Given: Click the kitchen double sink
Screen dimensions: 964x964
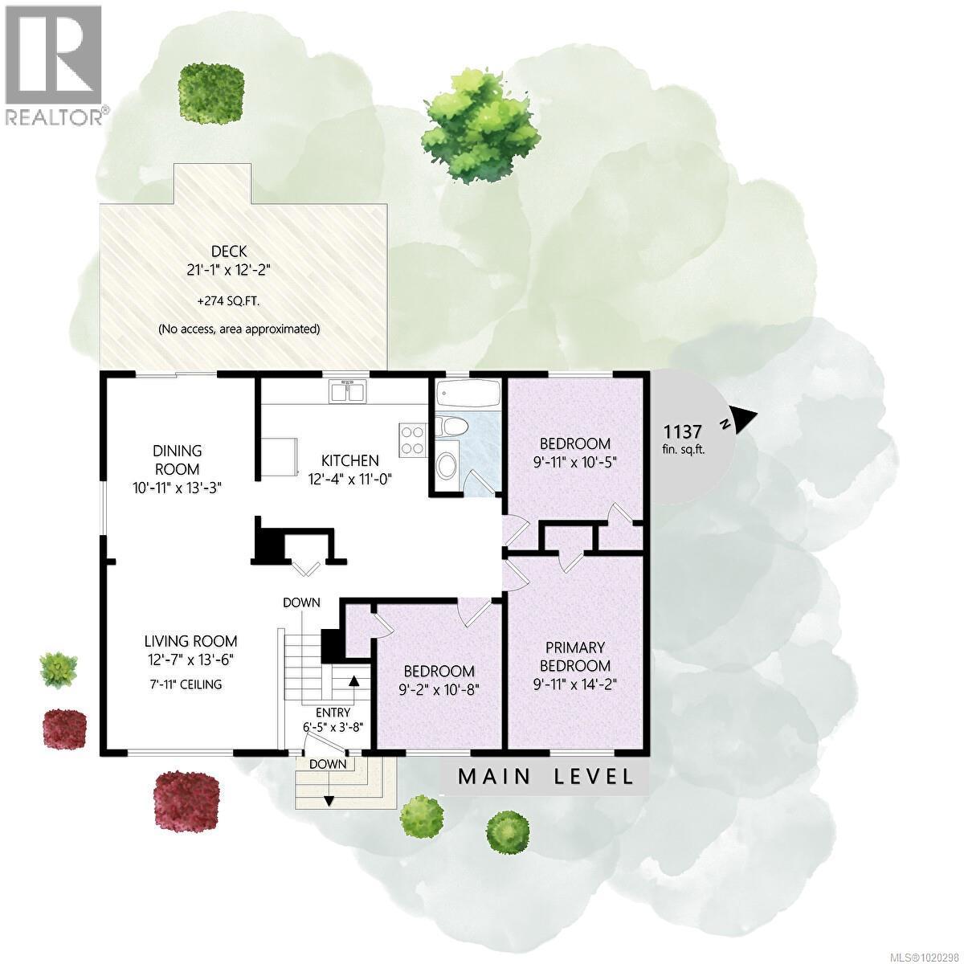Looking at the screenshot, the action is [348, 391].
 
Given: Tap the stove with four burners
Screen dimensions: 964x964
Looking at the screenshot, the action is [413, 440].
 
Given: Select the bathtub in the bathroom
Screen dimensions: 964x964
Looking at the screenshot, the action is [468, 394].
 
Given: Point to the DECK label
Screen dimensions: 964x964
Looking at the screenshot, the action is [230, 251].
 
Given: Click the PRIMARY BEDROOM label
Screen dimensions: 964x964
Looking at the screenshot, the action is [575, 657].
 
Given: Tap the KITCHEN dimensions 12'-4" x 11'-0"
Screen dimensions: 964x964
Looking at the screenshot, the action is [349, 479].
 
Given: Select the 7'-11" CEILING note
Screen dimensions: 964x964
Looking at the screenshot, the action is [182, 684].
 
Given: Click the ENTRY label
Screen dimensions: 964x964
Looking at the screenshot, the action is [333, 712].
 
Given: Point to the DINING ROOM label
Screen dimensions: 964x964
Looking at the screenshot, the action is [178, 460].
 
